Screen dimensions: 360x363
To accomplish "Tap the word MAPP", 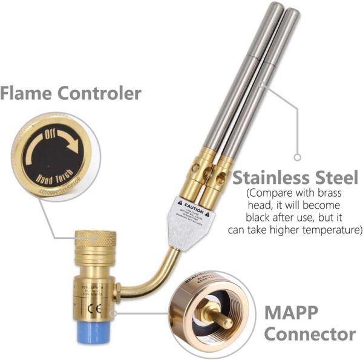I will [x=292, y=314].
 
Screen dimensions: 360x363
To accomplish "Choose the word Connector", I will [x=310, y=334].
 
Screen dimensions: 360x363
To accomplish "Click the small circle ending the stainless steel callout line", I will [x=297, y=157].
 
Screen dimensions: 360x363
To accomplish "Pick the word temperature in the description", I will [x=333, y=231].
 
